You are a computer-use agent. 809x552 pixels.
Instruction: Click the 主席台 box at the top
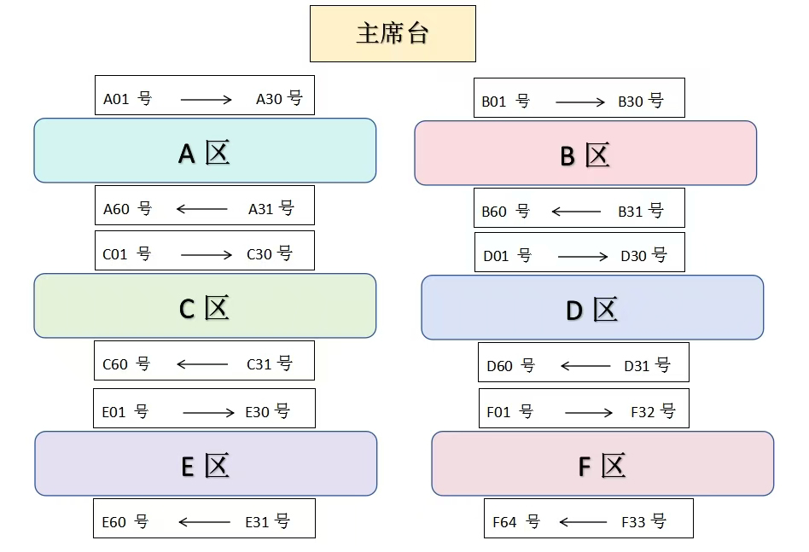[393, 34]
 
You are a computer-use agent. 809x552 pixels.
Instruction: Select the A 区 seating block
[205, 151]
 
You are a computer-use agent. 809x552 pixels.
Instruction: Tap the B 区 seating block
[585, 154]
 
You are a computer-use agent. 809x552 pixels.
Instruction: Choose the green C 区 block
[205, 306]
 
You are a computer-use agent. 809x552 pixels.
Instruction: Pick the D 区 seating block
[592, 308]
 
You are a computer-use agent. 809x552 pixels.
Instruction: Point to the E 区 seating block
[206, 464]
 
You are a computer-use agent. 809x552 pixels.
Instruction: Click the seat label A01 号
[127, 99]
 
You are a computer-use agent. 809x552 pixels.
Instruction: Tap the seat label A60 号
[127, 209]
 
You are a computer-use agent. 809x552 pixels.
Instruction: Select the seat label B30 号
[640, 102]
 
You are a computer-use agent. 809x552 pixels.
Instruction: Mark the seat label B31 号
[640, 212]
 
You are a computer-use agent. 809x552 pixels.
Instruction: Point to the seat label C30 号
[269, 254]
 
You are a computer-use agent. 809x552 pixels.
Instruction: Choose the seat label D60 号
[510, 366]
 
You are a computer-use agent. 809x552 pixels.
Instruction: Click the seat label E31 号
[267, 522]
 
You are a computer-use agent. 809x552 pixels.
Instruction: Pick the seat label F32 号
[653, 412]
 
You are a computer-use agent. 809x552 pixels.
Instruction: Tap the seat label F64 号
[516, 522]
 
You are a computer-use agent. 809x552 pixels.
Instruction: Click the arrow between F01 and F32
[589, 413]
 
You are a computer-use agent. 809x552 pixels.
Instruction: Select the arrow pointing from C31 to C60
[202, 364]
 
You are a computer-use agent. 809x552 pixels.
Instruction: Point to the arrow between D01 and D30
[583, 256]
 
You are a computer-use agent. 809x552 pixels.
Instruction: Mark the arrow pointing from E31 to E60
[204, 522]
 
